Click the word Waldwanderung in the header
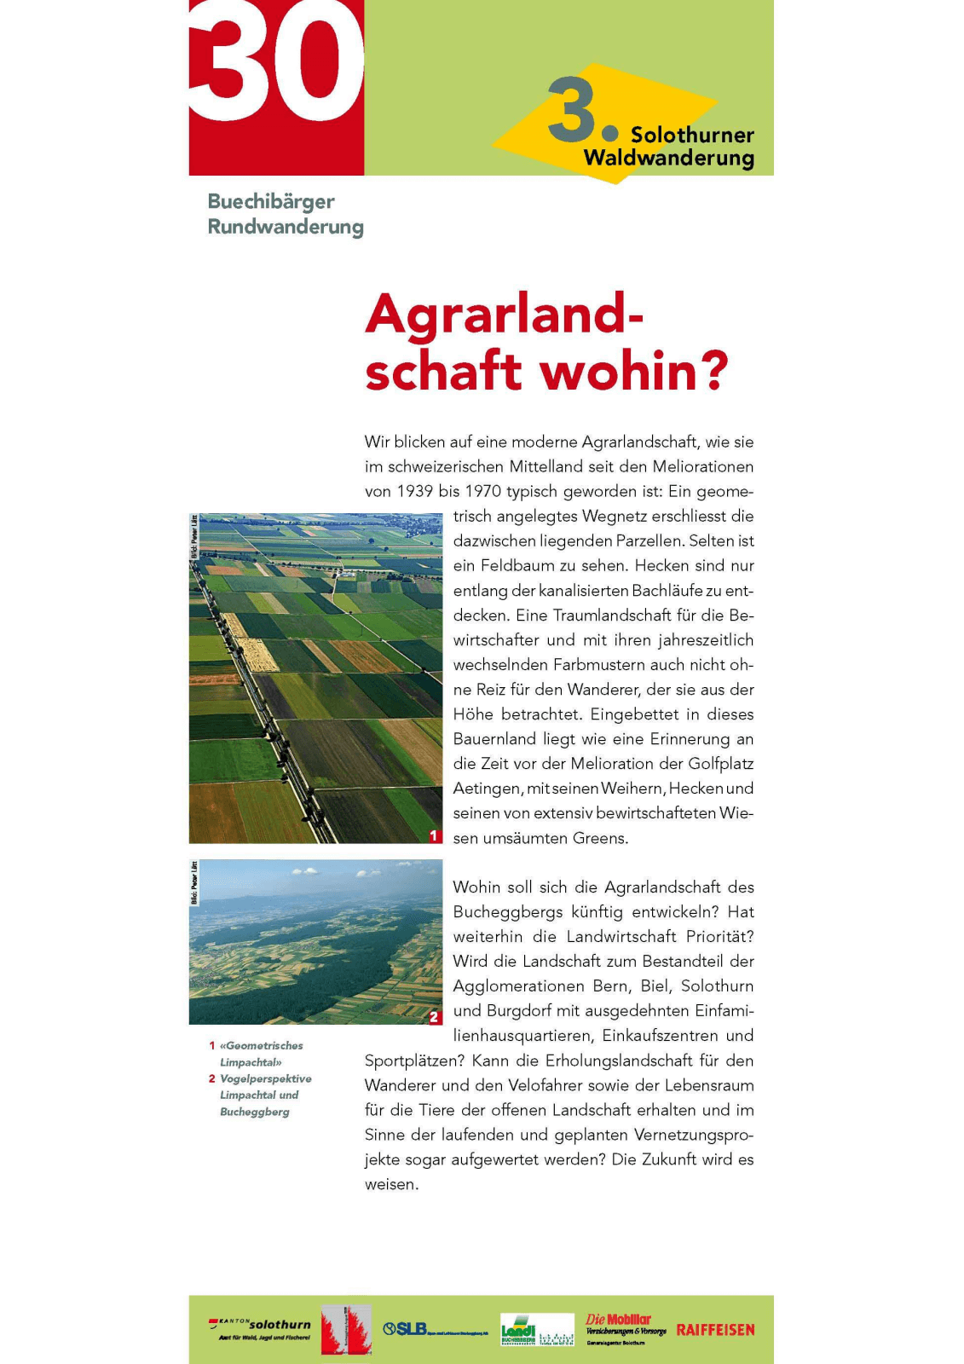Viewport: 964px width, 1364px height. [x=669, y=158]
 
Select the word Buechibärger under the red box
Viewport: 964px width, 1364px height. [x=271, y=202]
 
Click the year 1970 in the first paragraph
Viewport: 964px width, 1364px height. [x=482, y=492]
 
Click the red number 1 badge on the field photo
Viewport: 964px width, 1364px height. [x=434, y=835]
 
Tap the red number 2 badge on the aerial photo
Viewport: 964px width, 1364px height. [x=434, y=1017]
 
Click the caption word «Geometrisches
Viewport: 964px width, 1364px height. [x=261, y=1046]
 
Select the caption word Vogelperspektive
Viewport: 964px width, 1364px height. [x=266, y=1079]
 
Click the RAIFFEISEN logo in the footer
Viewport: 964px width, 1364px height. [x=715, y=1330]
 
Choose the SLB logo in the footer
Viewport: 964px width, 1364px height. [x=406, y=1329]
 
